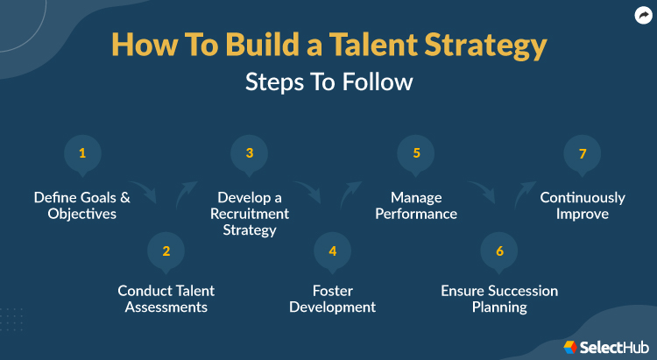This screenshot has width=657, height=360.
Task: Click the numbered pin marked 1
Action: [x=82, y=154]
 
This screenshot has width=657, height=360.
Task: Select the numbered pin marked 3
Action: [x=249, y=154]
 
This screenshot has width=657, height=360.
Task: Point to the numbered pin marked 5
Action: [x=416, y=154]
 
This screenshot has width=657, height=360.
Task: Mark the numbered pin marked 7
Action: [x=582, y=154]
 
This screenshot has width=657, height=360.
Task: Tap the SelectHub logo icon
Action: [x=569, y=345]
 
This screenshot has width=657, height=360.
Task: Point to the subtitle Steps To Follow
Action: [x=328, y=81]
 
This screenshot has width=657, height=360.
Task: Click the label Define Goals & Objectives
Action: [x=82, y=206]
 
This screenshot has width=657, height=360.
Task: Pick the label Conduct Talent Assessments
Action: [x=166, y=299]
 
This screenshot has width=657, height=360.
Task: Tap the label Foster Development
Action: [x=332, y=299]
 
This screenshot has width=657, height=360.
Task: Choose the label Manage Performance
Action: [x=416, y=206]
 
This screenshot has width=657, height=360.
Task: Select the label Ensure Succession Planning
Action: [x=499, y=299]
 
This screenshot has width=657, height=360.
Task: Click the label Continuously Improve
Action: [x=582, y=206]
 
